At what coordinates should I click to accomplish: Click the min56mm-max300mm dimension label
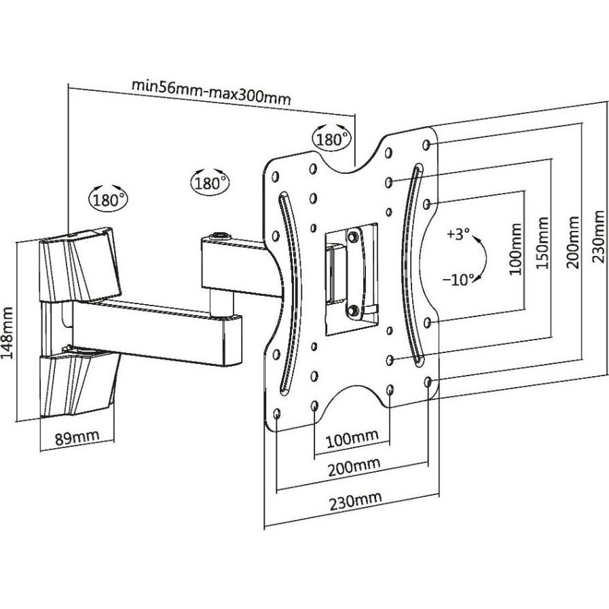point(210,91)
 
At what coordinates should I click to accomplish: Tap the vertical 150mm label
point(542,243)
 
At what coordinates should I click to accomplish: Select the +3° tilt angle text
point(458,235)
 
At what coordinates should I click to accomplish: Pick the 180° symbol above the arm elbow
point(210,182)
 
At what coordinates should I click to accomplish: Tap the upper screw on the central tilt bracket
point(353,237)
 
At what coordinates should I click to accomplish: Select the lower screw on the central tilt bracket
point(353,310)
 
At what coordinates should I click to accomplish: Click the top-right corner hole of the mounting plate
point(426,145)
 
